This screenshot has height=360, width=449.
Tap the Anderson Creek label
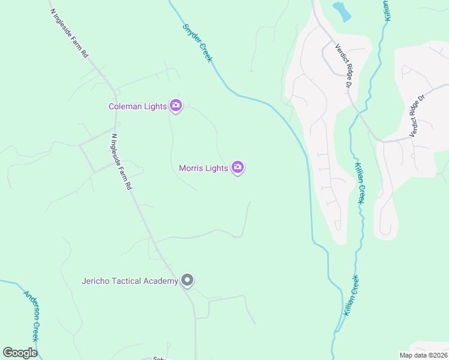[31, 316]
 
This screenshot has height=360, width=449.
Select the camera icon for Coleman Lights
[176, 106]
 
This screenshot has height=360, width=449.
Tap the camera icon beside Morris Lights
[238, 167]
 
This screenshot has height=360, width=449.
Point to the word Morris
[191, 168]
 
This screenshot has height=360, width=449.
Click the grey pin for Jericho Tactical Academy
[187, 280]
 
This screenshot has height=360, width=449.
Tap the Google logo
[20, 353]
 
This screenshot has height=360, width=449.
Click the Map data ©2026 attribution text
[423, 355]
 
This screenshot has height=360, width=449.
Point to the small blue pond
[341, 10]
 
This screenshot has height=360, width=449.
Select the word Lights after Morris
[217, 168]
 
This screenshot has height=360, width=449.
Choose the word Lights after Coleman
[155, 107]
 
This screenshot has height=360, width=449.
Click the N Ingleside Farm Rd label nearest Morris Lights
[121, 161]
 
